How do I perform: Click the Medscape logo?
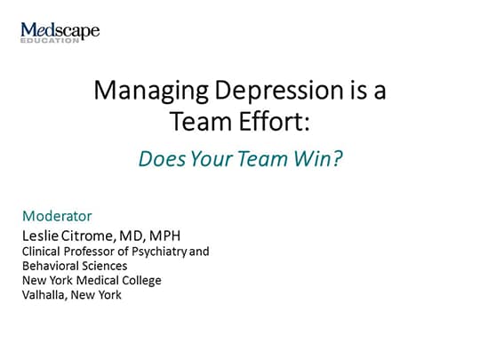[x=60, y=30]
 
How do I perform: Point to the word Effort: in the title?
[x=268, y=120]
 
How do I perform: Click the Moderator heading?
[x=57, y=216]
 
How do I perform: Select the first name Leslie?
[x=44, y=235]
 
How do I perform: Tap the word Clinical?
[x=43, y=252]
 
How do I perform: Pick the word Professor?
[x=95, y=252]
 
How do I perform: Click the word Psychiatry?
[x=161, y=252]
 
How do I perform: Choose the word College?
[x=140, y=281]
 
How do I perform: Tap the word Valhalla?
[x=44, y=295]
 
